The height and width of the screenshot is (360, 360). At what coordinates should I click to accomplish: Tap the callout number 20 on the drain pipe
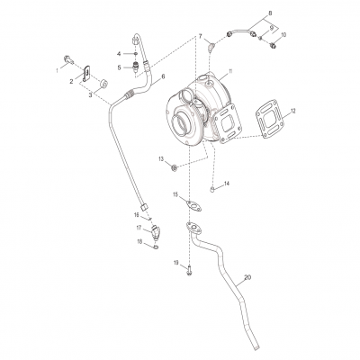click(x=247, y=278)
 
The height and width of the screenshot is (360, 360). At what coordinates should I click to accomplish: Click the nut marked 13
click(x=175, y=166)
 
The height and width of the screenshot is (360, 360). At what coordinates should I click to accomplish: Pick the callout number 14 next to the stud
click(x=227, y=184)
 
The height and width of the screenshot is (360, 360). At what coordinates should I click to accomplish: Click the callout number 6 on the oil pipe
click(x=162, y=78)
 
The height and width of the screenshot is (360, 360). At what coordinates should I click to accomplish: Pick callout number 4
click(x=117, y=54)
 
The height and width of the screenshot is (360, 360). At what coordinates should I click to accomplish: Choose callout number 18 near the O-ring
click(x=140, y=241)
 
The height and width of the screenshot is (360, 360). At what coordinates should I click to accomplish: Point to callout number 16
click(x=137, y=215)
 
